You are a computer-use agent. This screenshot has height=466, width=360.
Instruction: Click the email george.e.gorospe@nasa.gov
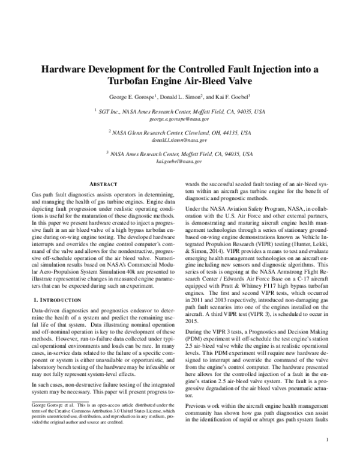(180, 120)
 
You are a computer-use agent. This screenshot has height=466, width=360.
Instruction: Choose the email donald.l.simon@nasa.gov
(180, 141)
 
